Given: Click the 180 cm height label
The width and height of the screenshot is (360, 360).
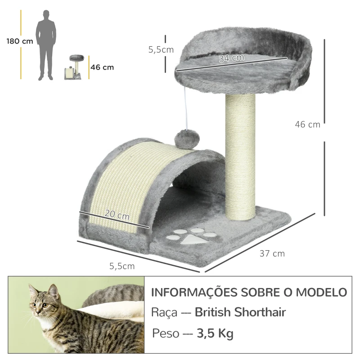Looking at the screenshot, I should click(x=20, y=41).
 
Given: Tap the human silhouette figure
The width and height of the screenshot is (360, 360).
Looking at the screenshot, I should click(x=46, y=45).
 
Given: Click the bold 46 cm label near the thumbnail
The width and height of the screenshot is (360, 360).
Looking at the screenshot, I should click(x=102, y=67).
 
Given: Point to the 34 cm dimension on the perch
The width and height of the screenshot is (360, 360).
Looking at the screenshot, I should click(x=232, y=58).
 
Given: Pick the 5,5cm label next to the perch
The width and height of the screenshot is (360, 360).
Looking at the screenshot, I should click(x=161, y=50).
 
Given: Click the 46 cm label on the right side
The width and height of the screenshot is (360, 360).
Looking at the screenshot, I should click(x=308, y=125).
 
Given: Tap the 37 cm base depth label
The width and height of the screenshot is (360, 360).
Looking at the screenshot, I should click(x=272, y=253).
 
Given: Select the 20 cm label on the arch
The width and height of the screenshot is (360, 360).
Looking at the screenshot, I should click(x=117, y=215).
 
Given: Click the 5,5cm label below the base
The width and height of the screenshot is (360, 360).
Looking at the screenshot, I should click(x=122, y=266).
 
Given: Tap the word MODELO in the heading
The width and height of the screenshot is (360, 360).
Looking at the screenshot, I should click(x=321, y=292).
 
